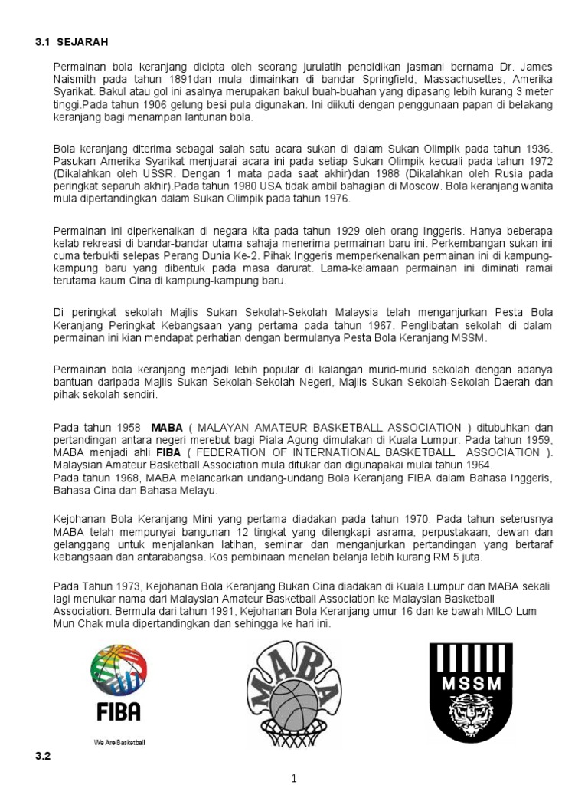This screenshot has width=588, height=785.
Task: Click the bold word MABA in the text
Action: (x=167, y=427)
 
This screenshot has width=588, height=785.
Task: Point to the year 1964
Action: (x=477, y=465)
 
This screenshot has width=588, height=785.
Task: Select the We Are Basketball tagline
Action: (x=119, y=743)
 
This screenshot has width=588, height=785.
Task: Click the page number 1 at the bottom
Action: (x=293, y=778)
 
